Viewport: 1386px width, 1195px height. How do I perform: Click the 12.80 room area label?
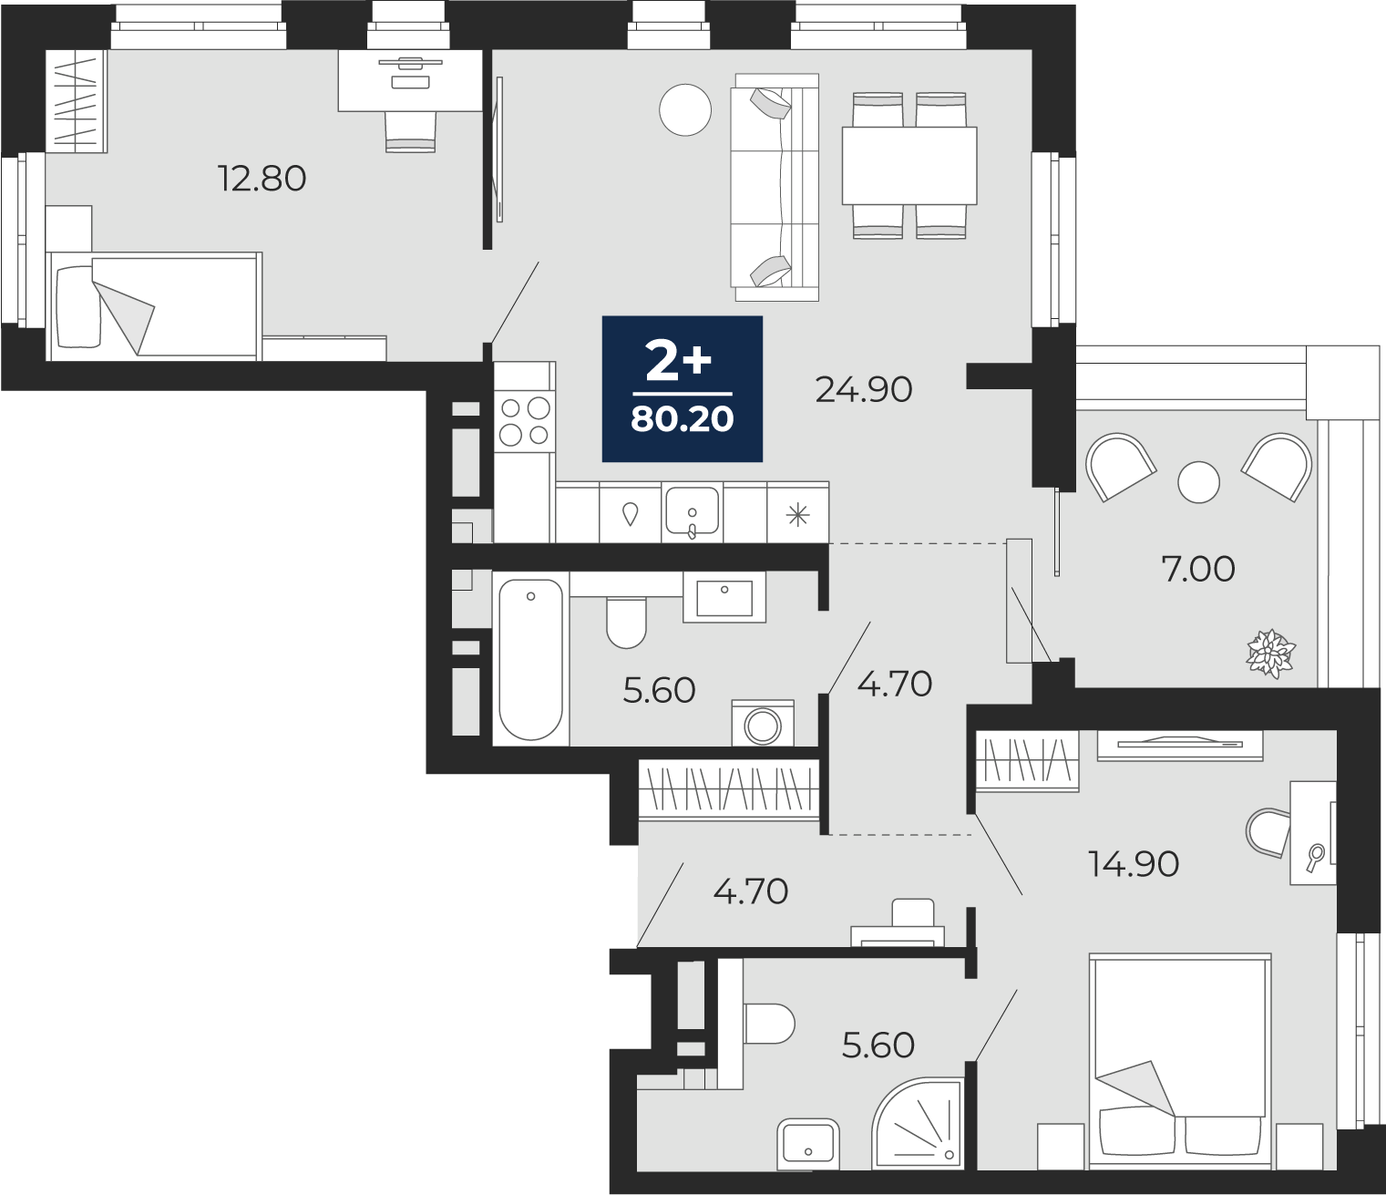262,179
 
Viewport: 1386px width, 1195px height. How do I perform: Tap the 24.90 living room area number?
864,389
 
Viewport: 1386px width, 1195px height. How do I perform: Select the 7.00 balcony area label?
1197,570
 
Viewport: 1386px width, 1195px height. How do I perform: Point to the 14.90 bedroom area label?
1134,864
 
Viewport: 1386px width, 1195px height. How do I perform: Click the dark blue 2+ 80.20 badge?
682,389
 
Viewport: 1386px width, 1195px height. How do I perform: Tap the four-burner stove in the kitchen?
525,421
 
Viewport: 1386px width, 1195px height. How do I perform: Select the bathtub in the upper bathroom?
530,659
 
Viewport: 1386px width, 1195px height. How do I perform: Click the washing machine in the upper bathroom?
763,724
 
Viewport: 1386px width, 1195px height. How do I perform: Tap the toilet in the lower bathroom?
768,1024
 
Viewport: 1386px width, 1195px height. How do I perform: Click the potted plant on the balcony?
1270,653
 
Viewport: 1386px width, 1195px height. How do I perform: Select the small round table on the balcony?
1199,482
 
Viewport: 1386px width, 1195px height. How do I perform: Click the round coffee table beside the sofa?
684,110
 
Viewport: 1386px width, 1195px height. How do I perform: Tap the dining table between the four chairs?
909,166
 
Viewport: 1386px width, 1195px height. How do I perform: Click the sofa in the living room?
776,187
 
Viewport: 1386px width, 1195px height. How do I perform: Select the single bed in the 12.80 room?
154,306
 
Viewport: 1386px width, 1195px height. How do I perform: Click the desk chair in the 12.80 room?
410,131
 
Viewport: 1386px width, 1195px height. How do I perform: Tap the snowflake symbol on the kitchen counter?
798,516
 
